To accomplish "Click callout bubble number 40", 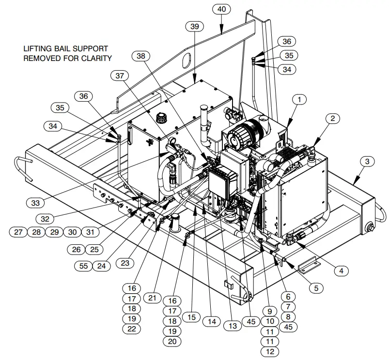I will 222,9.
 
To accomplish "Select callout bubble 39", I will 195,27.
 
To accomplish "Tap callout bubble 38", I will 141,57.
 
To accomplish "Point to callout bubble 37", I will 120,75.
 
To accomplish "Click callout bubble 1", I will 299,100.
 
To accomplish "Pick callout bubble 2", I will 333,118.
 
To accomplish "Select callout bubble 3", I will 367,161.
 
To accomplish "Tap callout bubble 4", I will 341,270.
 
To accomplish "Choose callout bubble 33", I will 35,203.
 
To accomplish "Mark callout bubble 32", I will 45,219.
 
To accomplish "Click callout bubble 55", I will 84,265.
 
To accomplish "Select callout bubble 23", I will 125,263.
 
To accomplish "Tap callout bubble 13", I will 233,326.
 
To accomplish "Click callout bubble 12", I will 270,352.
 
